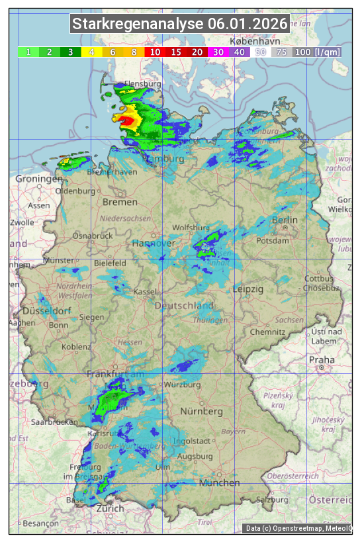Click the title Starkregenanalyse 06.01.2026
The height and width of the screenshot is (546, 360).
[180, 24]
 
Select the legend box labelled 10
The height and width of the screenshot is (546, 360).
[154, 52]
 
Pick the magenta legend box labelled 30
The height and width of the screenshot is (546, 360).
[217, 52]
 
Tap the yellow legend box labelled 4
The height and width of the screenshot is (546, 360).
[91, 52]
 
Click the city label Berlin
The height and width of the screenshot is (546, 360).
[285, 220]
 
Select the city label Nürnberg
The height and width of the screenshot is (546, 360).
[202, 411]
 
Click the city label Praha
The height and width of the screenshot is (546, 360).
[322, 360]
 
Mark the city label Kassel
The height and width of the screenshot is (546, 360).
[144, 292]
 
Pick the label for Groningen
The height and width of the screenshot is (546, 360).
[38, 179]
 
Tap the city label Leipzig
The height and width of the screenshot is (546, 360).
[248, 289]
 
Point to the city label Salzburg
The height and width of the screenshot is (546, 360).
[273, 500]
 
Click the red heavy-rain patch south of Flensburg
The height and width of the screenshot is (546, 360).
[124, 119]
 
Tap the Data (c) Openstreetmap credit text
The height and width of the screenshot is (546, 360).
[298, 528]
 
